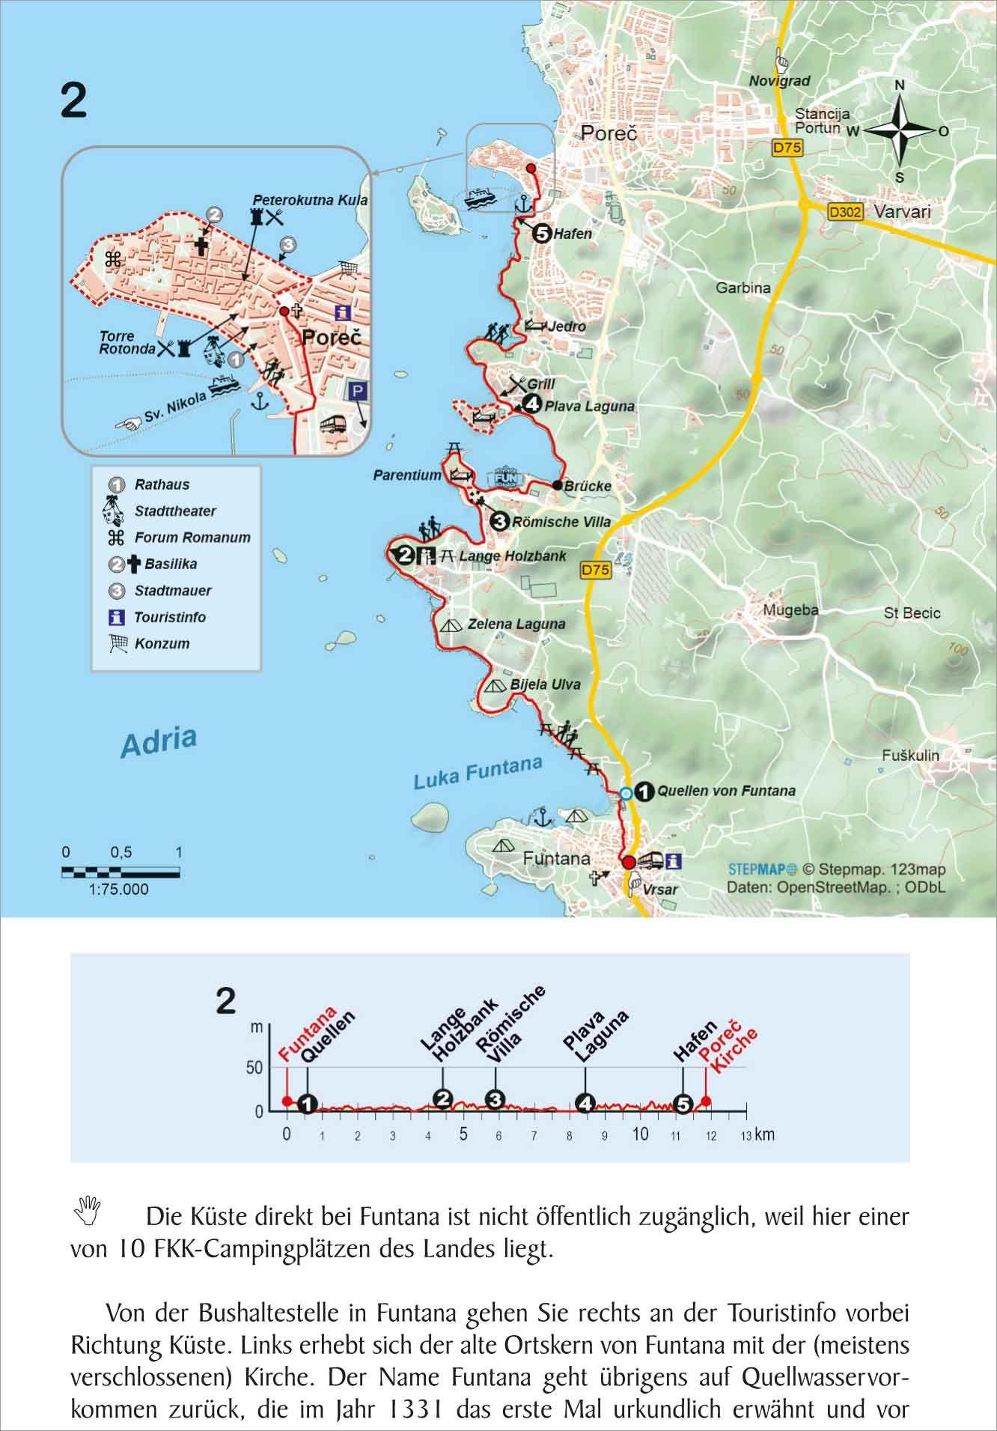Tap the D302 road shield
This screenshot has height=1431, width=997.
[x=845, y=213]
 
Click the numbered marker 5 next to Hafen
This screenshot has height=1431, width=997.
[x=541, y=234]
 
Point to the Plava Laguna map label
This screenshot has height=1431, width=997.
[x=589, y=407]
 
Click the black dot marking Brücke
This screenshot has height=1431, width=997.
[x=558, y=484]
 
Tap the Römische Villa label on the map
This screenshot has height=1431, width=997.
[x=561, y=522]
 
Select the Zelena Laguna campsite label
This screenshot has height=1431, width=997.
[x=516, y=624]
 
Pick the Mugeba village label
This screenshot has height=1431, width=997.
[x=790, y=610]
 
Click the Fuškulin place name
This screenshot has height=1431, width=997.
[x=909, y=756]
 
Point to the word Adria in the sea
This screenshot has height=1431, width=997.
[x=159, y=741]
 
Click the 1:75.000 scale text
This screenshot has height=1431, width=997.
[x=119, y=890]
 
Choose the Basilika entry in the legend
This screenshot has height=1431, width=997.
[x=165, y=564]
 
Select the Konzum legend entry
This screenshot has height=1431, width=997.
[x=162, y=643]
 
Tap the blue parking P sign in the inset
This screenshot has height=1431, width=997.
[x=357, y=391]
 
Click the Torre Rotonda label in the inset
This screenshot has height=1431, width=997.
[x=117, y=343]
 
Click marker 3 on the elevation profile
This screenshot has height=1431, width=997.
[x=495, y=1100]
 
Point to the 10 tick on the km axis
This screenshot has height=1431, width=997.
[x=640, y=1134]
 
